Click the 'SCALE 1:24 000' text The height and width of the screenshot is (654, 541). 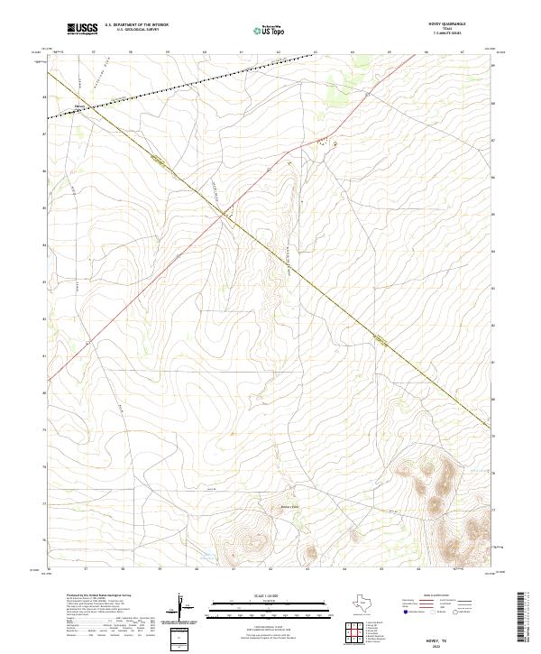point(270,596)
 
